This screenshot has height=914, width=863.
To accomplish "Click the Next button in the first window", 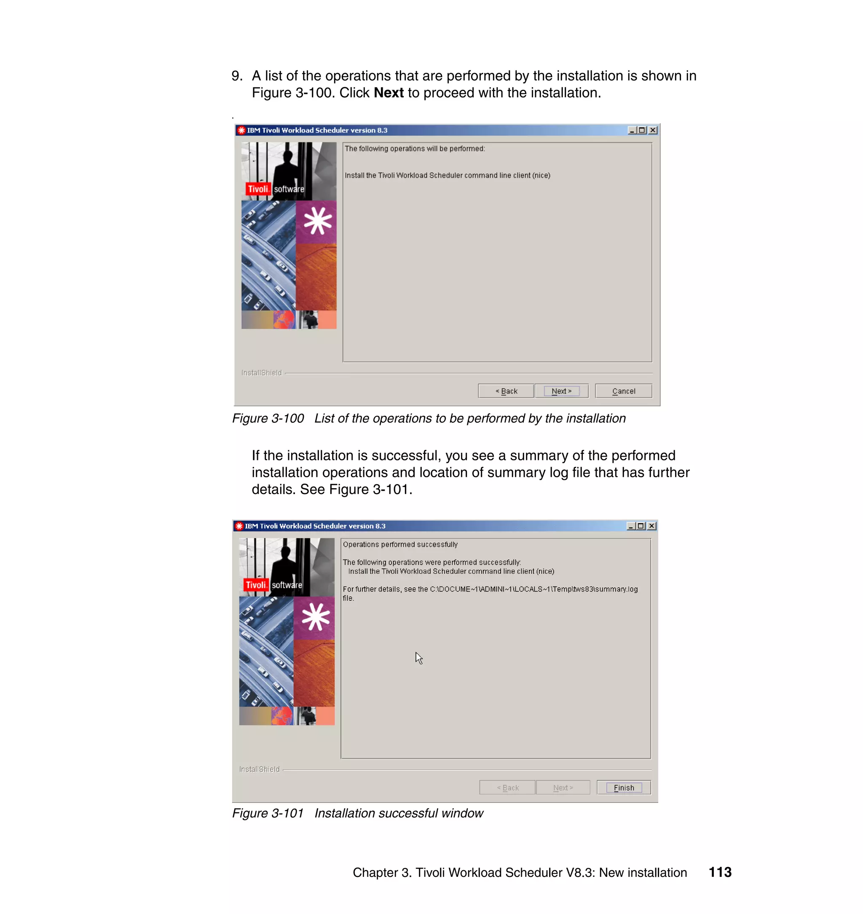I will tap(561, 391).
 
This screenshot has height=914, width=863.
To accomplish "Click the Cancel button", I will tap(623, 391).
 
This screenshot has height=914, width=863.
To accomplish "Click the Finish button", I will tap(623, 788).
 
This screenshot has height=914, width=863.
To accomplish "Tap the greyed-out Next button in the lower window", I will tap(563, 788).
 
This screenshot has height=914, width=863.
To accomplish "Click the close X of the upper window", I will tap(653, 130).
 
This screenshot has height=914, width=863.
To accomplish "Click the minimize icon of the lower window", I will tap(631, 526).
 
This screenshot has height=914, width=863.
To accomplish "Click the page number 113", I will tap(720, 872).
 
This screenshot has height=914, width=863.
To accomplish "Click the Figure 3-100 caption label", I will tap(268, 418).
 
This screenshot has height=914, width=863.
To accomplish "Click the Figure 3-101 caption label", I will tap(268, 813).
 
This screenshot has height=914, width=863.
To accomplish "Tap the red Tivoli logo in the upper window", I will tap(257, 189).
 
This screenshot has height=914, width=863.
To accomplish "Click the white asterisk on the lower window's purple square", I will tap(316, 617).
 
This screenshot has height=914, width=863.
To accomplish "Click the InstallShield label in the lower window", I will tap(259, 769).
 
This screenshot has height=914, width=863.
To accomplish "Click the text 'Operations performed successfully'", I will tap(400, 544).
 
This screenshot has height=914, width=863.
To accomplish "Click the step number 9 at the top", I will tap(236, 76).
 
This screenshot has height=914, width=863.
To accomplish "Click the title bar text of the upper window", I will tap(317, 130).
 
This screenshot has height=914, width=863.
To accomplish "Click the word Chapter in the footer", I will tap(375, 873).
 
